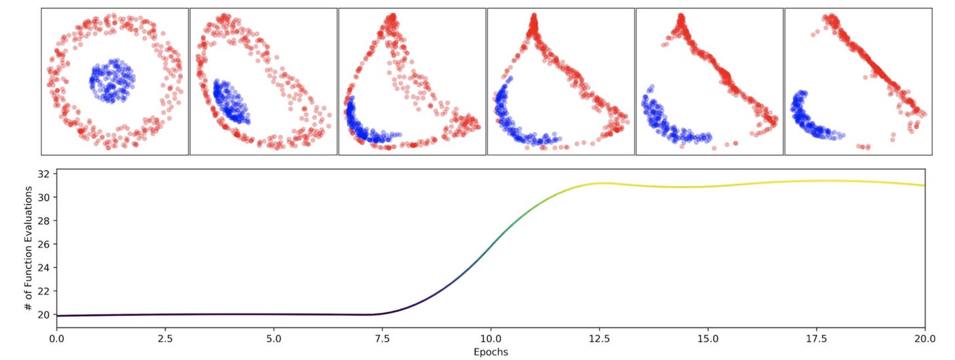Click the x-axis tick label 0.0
57,340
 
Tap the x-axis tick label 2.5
165,340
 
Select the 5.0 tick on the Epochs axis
274,340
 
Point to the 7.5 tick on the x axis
382,340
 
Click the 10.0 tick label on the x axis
491,340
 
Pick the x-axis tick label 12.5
599,340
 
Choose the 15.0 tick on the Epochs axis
708,340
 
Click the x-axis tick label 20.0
924,340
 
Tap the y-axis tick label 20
45,315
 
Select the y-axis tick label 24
45,268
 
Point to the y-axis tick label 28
45,221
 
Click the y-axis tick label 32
45,174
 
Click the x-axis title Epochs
491,352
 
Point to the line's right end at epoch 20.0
924,185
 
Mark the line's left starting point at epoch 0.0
58,315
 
